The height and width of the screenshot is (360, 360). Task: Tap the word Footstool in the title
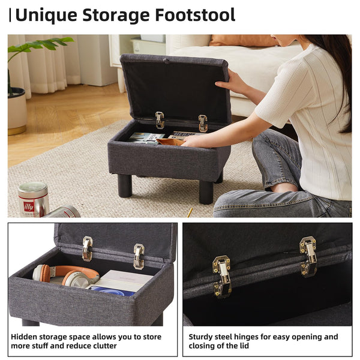(x=193, y=15)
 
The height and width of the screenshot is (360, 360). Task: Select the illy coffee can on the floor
(x=33, y=199)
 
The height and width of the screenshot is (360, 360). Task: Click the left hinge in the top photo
(x=160, y=120)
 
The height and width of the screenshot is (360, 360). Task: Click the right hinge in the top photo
(x=203, y=123)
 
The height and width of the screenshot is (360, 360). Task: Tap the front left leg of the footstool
(x=124, y=185)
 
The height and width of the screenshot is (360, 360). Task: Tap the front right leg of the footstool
(x=206, y=191)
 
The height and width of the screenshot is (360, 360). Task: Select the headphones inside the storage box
(x=65, y=275)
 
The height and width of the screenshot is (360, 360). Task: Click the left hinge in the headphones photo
(x=88, y=248)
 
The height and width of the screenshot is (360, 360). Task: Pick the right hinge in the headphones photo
(x=139, y=256)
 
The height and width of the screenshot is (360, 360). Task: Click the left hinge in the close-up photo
(x=221, y=275)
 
